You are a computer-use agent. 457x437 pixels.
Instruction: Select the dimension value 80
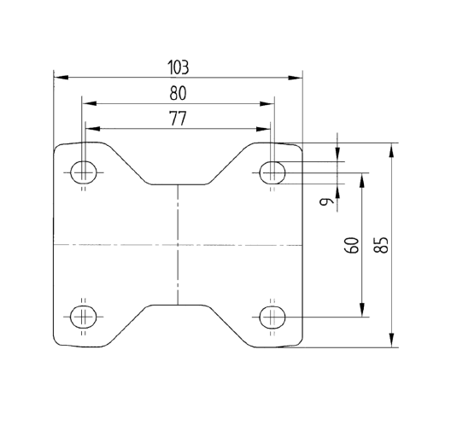click(178, 93)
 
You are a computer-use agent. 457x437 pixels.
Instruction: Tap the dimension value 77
click(177, 119)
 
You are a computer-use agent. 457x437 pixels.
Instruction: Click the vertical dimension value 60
click(350, 246)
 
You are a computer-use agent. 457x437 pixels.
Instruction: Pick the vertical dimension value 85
click(381, 243)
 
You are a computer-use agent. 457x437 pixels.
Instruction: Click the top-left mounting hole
click(84, 172)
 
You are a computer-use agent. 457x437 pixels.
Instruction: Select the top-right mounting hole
click(272, 172)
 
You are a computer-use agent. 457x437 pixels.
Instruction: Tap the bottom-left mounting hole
click(84, 316)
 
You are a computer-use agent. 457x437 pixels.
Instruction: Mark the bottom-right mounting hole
click(272, 316)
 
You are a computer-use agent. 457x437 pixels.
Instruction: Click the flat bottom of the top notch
click(178, 184)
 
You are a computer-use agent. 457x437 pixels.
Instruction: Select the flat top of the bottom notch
click(178, 304)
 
